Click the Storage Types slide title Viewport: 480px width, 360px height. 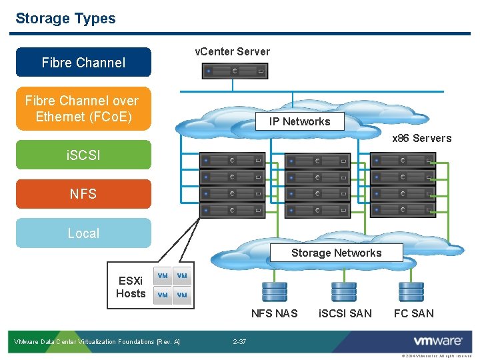click(x=65, y=19)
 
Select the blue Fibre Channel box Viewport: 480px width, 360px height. click(x=83, y=63)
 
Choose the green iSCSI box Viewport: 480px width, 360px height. click(x=83, y=155)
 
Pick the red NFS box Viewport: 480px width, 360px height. click(x=83, y=194)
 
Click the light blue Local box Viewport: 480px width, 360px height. click(x=83, y=233)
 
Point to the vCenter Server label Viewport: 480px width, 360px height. click(x=232, y=51)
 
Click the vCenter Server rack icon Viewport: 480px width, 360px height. click(x=235, y=71)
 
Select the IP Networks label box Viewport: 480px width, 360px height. click(x=299, y=121)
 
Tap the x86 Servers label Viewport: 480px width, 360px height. click(x=421, y=139)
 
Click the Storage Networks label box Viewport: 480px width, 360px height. click(x=336, y=253)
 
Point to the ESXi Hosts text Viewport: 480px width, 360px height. click(x=131, y=287)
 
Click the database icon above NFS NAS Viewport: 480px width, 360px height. click(x=274, y=292)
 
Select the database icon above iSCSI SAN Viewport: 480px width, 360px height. click(x=343, y=292)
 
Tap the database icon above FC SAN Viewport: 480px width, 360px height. click(x=411, y=292)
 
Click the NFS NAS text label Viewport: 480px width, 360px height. click(x=274, y=313)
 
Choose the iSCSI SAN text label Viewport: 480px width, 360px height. click(x=345, y=313)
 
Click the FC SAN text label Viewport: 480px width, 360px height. click(x=413, y=313)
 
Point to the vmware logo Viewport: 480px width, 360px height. click(x=437, y=341)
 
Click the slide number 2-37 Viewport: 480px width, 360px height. click(x=239, y=342)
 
